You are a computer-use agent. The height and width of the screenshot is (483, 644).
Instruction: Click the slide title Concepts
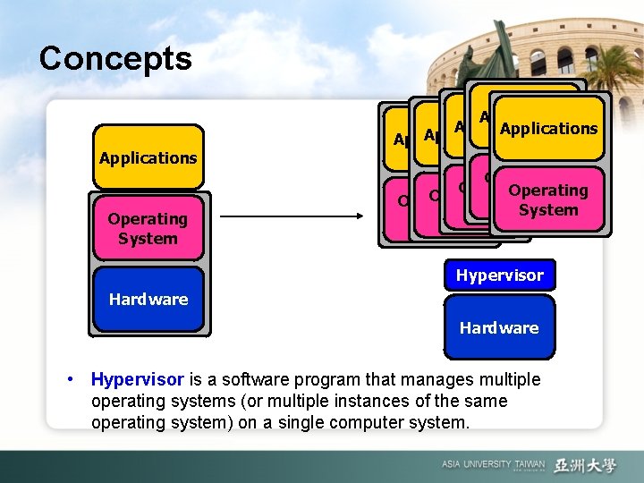coord(115,58)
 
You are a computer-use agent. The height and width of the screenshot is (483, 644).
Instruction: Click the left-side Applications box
coord(148,157)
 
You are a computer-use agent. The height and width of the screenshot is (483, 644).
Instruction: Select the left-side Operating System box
coord(148,228)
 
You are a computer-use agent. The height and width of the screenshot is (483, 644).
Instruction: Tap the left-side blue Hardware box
coord(148,300)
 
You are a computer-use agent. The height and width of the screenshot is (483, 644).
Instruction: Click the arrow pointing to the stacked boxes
coord(291,216)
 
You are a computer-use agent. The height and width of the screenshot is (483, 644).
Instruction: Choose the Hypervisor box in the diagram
coord(499,275)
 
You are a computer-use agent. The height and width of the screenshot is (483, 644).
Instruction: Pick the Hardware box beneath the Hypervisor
coord(499,327)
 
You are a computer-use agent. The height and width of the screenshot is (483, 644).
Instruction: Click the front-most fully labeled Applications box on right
coord(547,128)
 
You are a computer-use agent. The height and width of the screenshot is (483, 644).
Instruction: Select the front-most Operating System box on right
coord(547,200)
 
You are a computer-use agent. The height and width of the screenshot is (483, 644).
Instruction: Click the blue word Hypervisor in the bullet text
coord(137,380)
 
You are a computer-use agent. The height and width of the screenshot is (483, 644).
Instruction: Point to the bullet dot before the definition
coord(71,380)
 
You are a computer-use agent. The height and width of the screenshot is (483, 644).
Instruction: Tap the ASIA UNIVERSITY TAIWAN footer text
coord(493,465)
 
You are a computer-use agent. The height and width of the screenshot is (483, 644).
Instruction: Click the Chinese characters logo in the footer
coord(585,465)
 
